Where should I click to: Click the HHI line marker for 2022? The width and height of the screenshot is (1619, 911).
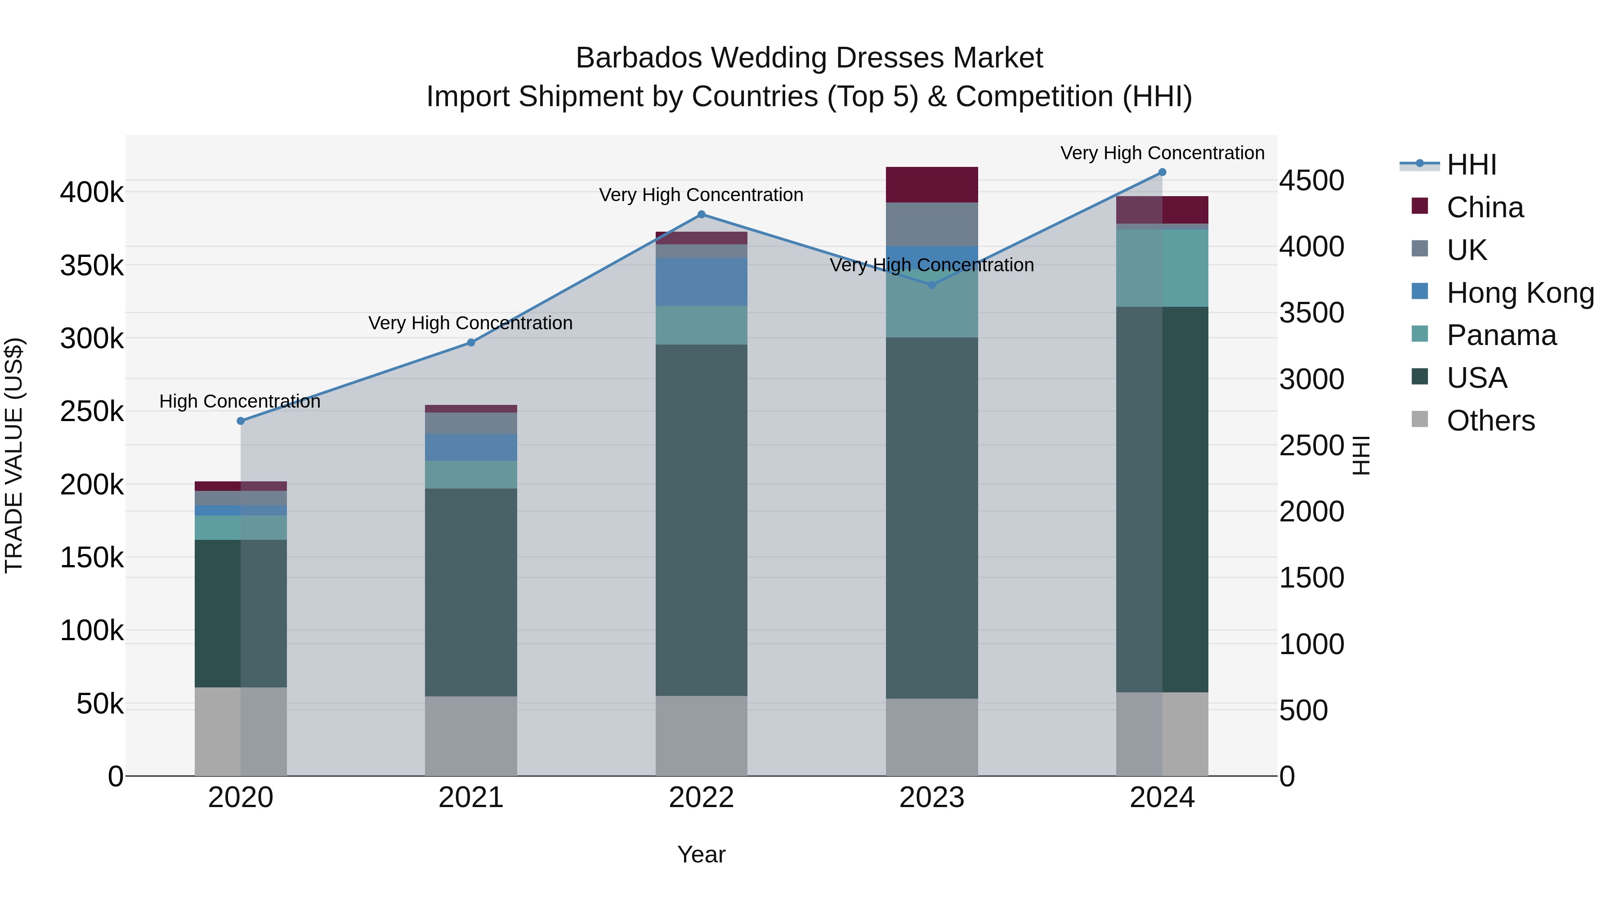[702, 215]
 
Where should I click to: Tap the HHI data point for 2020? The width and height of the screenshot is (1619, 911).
[241, 421]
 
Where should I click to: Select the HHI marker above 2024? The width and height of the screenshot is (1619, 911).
[1162, 172]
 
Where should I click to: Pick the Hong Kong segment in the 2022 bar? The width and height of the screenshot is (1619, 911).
[702, 282]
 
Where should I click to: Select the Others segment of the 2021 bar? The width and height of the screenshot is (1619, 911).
[471, 736]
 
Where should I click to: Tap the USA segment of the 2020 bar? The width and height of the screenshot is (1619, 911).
[241, 613]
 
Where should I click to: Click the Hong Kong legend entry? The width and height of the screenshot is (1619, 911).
[1520, 293]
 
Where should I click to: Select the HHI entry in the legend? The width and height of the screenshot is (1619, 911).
[1471, 165]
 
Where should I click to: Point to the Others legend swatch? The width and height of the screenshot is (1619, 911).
[1420, 419]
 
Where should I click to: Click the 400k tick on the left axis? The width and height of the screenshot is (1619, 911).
[92, 193]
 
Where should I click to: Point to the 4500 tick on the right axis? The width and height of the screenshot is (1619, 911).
[1312, 180]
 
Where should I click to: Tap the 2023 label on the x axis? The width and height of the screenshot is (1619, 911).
[932, 798]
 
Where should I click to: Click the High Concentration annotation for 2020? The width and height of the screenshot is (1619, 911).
[240, 401]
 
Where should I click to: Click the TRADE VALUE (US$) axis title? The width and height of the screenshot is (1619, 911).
[14, 455]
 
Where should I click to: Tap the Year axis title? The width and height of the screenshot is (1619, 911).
[702, 854]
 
